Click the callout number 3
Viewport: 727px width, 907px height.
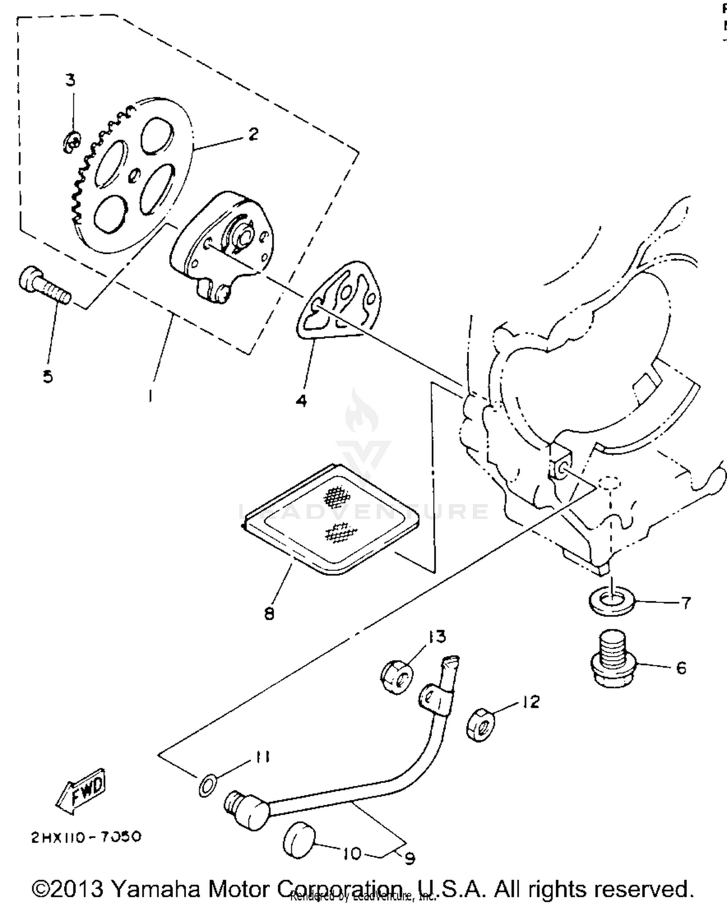pyautogui.click(x=71, y=80)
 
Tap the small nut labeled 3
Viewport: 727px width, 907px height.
pyautogui.click(x=72, y=142)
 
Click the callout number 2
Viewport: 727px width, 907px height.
pyautogui.click(x=253, y=134)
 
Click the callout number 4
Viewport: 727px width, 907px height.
pyautogui.click(x=301, y=401)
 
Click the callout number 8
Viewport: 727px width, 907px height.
pyautogui.click(x=269, y=614)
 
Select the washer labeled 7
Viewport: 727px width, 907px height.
pyautogui.click(x=612, y=602)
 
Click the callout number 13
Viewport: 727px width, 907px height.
pyautogui.click(x=437, y=636)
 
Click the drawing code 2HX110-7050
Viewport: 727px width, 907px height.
pyautogui.click(x=86, y=837)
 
